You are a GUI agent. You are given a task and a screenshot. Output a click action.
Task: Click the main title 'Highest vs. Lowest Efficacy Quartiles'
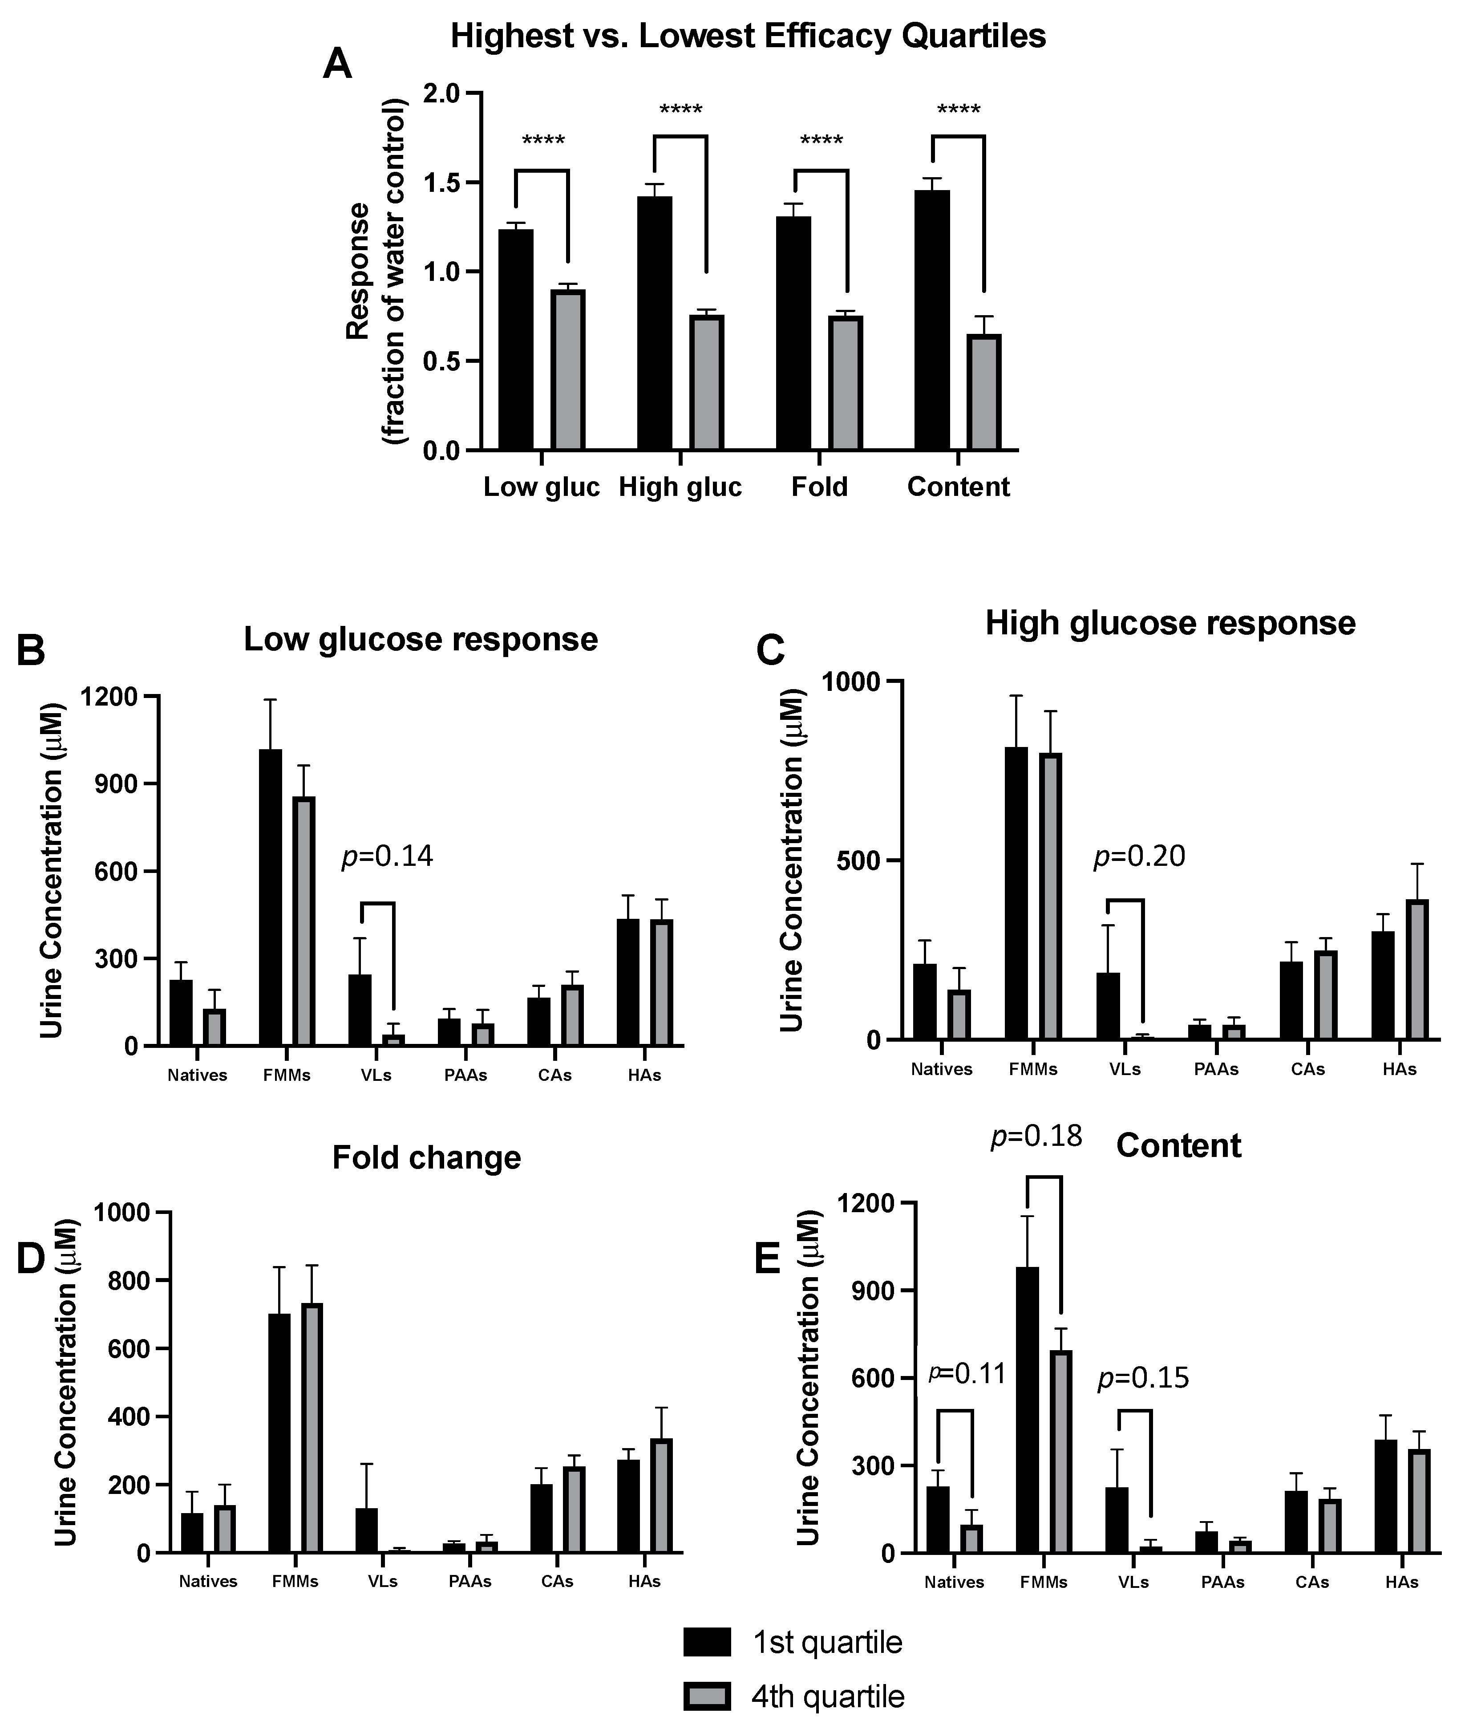[747, 37]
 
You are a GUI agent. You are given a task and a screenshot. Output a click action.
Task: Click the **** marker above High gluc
[680, 110]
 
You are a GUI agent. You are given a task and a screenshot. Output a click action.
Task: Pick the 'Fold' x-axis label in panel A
[819, 487]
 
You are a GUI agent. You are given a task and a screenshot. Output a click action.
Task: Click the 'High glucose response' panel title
[1170, 624]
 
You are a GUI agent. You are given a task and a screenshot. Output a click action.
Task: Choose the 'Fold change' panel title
[426, 1158]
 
